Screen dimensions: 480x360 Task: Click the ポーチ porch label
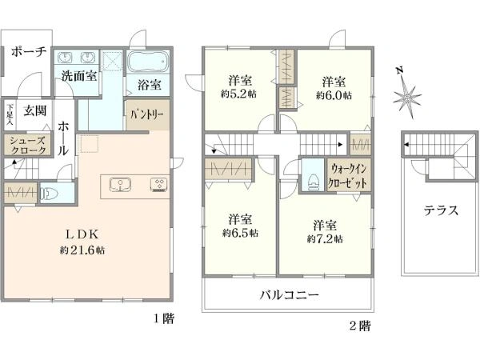click(29, 51)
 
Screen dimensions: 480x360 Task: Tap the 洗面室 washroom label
click(79, 76)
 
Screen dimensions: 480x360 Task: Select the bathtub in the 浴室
click(148, 61)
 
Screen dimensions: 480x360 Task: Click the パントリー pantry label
click(147, 114)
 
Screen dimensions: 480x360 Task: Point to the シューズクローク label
click(27, 146)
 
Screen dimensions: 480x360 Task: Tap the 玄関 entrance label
click(35, 110)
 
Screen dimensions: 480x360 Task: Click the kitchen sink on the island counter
click(120, 185)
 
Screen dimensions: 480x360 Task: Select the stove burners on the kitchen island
click(158, 185)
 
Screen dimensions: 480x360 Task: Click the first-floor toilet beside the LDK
click(50, 193)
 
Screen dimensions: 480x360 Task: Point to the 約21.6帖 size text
click(82, 250)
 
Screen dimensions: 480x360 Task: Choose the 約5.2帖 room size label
click(238, 94)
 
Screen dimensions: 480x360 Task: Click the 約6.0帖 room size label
click(334, 95)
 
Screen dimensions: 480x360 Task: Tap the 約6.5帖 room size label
click(240, 233)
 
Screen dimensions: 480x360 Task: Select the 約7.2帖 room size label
click(325, 238)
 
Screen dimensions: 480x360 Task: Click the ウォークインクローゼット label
click(347, 175)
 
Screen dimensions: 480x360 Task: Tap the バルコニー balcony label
click(290, 295)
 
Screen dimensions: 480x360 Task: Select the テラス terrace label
click(441, 210)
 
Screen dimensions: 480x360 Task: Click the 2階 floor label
click(360, 326)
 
